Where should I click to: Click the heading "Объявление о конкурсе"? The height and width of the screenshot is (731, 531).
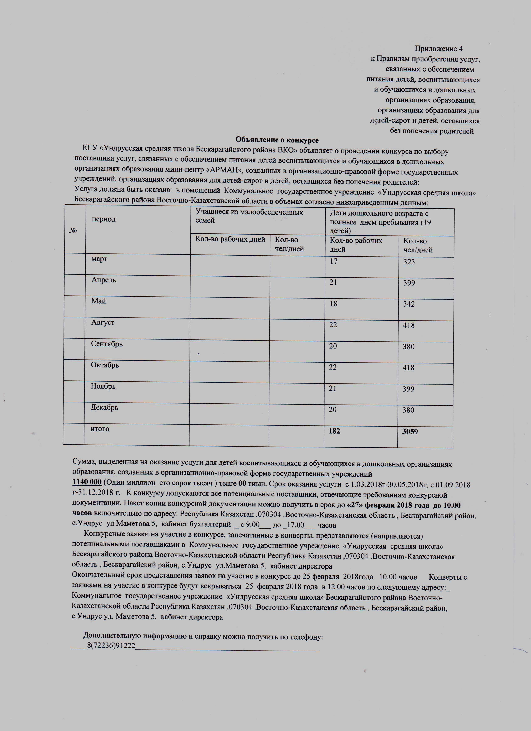pyautogui.click(x=277, y=140)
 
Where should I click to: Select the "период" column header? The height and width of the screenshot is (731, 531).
pyautogui.click(x=104, y=219)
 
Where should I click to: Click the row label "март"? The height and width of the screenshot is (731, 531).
pyautogui.click(x=99, y=259)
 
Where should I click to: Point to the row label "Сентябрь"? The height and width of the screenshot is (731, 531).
pyautogui.click(x=107, y=344)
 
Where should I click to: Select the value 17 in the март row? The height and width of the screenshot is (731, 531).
pyautogui.click(x=333, y=261)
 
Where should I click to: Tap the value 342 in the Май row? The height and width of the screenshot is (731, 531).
pyautogui.click(x=409, y=304)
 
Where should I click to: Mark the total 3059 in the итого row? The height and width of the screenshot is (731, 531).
pyautogui.click(x=410, y=432)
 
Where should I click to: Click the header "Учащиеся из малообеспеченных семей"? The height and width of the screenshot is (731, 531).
pyautogui.click(x=249, y=216)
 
